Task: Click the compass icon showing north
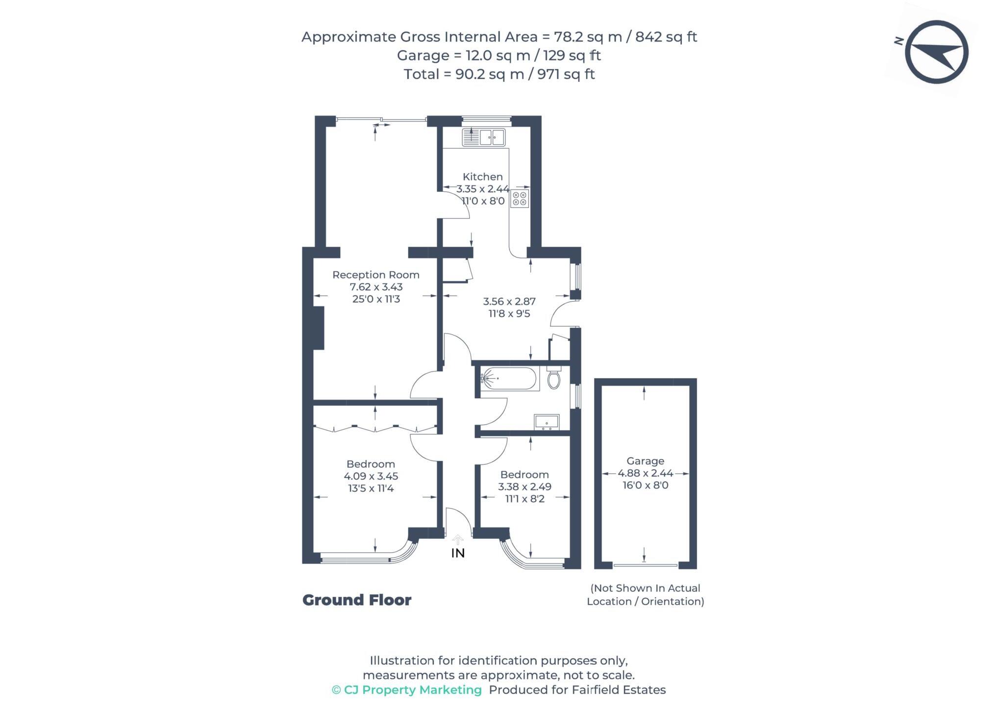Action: coord(936,52)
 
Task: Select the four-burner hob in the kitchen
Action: coord(520,199)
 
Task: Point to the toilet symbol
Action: coord(554,378)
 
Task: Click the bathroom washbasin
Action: coord(547,422)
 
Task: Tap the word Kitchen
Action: coord(483,177)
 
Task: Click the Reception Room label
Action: coord(376,275)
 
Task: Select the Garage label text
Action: coord(645,461)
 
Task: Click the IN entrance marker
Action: coord(458,553)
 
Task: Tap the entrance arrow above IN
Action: coord(458,539)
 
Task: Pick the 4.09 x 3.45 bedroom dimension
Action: coord(371,476)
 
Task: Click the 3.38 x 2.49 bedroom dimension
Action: coord(524,487)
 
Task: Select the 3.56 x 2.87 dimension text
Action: coord(509,302)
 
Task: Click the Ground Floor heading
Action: coord(357,600)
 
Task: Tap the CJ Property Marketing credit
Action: coord(407,690)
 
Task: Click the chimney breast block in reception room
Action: coord(319,328)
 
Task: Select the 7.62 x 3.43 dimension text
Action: coord(376,287)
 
